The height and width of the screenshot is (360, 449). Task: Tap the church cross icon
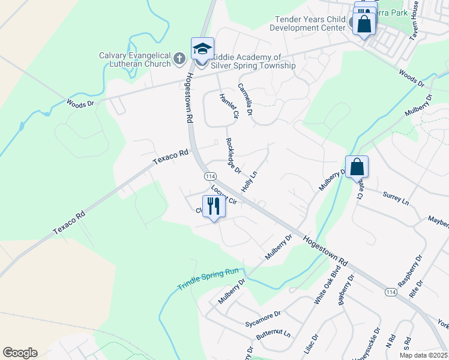178,59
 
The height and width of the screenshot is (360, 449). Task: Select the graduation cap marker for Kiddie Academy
202,48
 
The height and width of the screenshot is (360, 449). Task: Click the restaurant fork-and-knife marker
214,206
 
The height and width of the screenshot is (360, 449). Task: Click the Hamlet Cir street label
229,106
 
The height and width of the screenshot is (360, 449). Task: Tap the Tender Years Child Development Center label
307,23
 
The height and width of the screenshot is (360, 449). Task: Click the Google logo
20,353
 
